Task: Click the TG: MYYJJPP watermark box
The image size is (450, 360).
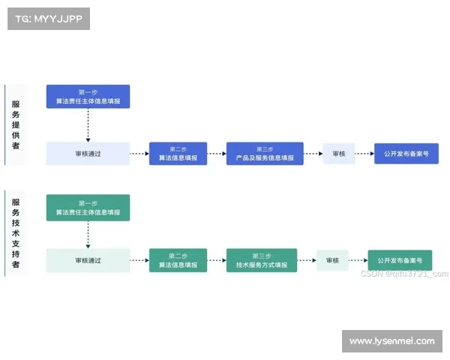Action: [48, 18]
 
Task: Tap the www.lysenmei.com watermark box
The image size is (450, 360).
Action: [392, 341]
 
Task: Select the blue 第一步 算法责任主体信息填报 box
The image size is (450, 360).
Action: [88, 97]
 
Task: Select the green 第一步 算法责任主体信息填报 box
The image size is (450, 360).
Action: [88, 208]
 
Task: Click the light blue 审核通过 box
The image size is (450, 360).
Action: [88, 154]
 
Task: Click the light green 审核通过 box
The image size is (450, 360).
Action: [88, 260]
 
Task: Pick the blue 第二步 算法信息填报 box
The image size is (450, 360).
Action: [178, 154]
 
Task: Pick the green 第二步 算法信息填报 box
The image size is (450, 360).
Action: [178, 260]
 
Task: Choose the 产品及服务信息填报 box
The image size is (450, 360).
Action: [265, 154]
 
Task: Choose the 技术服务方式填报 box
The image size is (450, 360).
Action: [262, 260]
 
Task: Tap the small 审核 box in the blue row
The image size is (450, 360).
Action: [339, 154]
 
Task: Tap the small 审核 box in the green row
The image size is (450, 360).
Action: [332, 260]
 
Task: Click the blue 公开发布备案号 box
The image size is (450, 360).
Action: [406, 154]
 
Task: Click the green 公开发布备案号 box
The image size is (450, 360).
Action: [400, 260]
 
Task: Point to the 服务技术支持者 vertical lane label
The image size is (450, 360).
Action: [16, 233]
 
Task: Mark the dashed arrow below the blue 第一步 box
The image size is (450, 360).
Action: [88, 125]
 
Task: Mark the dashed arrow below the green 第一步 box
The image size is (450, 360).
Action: [88, 234]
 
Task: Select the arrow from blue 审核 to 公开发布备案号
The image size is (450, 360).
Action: [364, 154]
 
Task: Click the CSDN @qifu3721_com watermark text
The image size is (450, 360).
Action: [404, 274]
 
